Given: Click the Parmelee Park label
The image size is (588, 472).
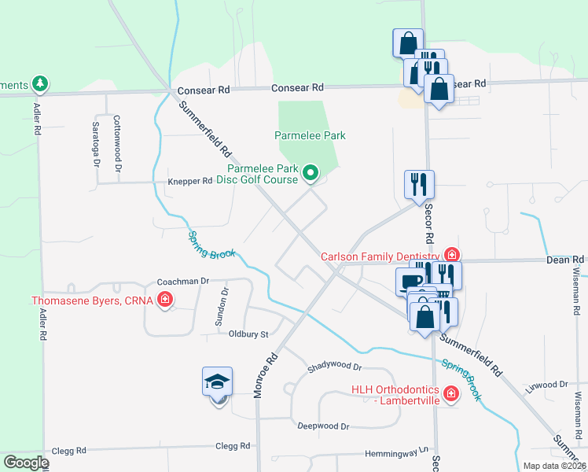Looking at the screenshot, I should point(310,135).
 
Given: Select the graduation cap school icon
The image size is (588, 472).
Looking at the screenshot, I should point(217,382).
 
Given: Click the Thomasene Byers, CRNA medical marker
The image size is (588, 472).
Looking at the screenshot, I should point(165,300).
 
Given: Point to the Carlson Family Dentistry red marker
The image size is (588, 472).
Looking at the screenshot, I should point(451,255).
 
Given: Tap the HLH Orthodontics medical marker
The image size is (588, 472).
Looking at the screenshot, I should point(450,393).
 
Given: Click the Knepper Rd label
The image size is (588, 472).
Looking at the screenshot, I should point(189,181).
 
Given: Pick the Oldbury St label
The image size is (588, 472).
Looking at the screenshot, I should point(248,334).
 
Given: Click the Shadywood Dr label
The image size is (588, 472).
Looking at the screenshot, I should point(334,367).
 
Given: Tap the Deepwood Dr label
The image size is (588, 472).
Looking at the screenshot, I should point(322,426).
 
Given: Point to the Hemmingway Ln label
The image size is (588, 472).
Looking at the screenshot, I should point(399,454).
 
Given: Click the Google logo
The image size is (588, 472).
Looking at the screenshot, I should point(26,463).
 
